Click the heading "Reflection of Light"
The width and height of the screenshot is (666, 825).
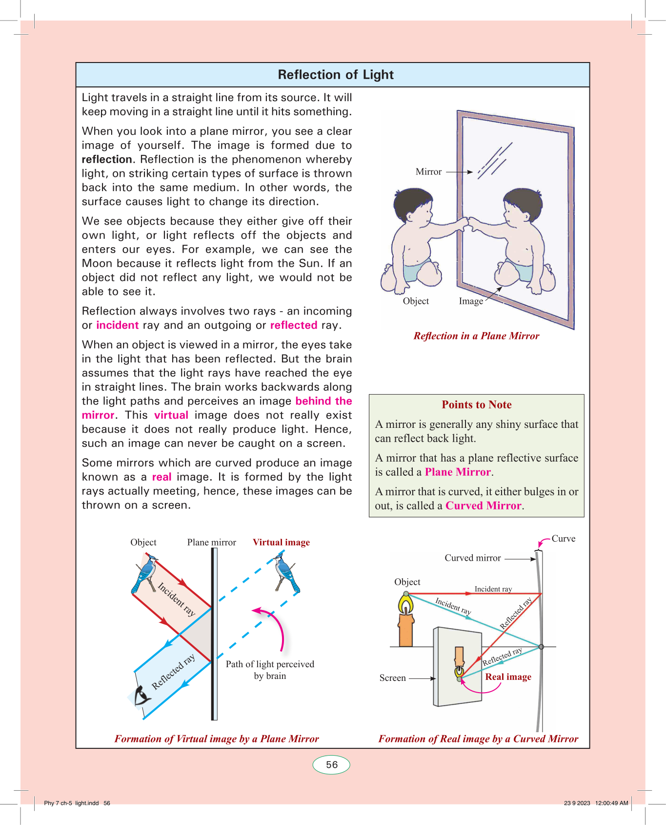coord(336,75)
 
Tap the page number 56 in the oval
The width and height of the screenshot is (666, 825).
coord(332,765)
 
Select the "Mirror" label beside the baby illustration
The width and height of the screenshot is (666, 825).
coord(428,172)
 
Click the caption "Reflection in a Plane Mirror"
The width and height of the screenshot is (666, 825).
coord(476,336)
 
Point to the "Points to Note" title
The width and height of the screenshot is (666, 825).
coord(477,405)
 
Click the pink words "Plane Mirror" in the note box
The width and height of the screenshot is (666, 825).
coord(458,472)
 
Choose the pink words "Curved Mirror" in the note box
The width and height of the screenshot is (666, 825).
coord(483,506)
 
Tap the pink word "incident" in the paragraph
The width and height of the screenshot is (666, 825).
coord(118,325)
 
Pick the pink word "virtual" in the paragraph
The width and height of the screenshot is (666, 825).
coord(171,415)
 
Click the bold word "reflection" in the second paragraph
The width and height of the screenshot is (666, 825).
coord(107,160)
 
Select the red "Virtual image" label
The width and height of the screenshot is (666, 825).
coord(281,542)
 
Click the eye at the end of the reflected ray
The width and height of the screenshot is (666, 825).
coord(141,695)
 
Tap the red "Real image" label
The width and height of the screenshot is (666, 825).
coord(508,677)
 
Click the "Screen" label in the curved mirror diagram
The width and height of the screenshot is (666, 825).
coord(393,678)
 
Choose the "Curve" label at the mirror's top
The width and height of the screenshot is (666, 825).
coord(564,539)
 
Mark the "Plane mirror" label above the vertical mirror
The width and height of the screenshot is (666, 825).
coord(211,543)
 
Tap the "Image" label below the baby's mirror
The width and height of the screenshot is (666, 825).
coord(471,301)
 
